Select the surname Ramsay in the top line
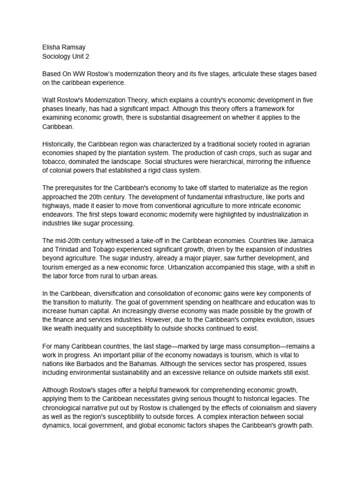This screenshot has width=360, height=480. (76, 47)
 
